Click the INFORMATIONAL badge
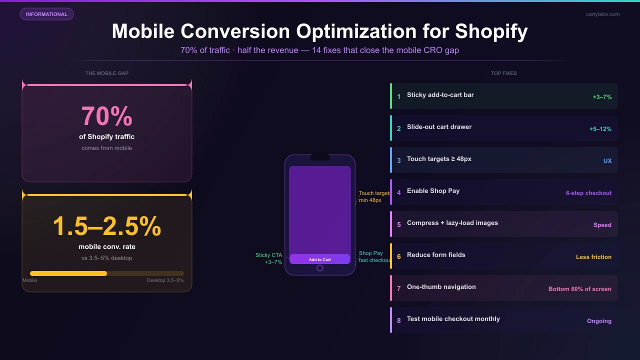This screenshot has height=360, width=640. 46,14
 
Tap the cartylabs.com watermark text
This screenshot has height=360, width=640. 602,14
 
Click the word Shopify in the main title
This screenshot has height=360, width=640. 491,31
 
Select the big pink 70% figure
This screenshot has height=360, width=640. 107,116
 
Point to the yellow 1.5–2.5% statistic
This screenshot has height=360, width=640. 107,226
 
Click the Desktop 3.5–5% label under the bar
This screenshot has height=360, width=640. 165,280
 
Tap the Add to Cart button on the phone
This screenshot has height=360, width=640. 320,259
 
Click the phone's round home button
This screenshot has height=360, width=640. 320,268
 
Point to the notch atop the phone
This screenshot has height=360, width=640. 320,157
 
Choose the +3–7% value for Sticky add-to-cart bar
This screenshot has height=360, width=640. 602,97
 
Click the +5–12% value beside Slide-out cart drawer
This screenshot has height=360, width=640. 600,129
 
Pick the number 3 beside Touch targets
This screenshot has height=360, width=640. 399,161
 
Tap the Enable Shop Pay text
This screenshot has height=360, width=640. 433,191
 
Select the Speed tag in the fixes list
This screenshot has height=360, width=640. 602,225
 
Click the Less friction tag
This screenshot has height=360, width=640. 593,257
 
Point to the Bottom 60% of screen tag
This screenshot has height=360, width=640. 579,289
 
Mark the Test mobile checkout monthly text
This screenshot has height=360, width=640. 453,319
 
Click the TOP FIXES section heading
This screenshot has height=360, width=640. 503,73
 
